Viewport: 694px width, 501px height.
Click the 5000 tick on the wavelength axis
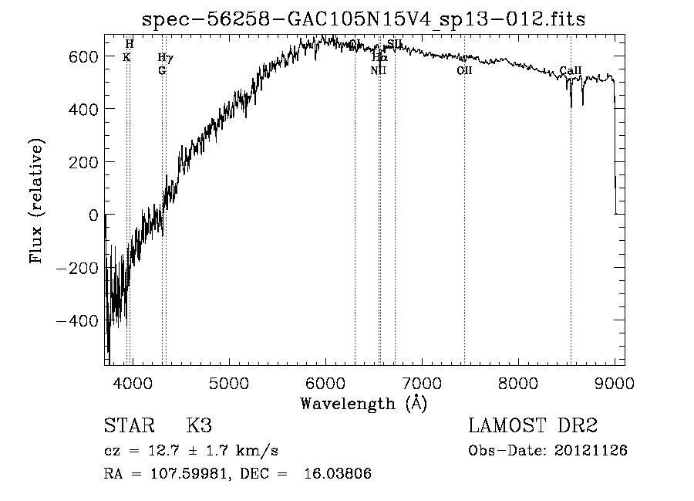[x=228, y=382]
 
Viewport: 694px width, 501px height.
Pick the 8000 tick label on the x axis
[x=517, y=382]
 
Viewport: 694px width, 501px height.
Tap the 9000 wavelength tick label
[x=614, y=382]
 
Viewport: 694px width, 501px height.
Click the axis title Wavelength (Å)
[x=363, y=403]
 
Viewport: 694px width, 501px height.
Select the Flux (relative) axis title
[x=36, y=201]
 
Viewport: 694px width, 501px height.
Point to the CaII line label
[x=571, y=71]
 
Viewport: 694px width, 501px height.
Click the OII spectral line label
[x=464, y=71]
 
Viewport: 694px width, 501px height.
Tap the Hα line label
[x=379, y=57]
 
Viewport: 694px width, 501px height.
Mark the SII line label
[x=395, y=44]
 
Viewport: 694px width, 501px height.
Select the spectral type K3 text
[x=198, y=426]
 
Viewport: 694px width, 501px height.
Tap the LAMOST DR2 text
[x=533, y=426]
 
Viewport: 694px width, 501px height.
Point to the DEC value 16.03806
[x=338, y=474]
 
